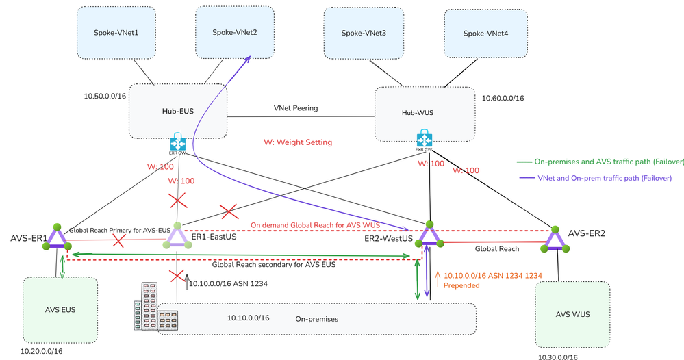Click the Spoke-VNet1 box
116,33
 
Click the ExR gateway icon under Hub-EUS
179,146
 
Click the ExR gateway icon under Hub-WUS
424,142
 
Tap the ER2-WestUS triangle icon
429,235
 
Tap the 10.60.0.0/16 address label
503,99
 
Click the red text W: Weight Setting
298,142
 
